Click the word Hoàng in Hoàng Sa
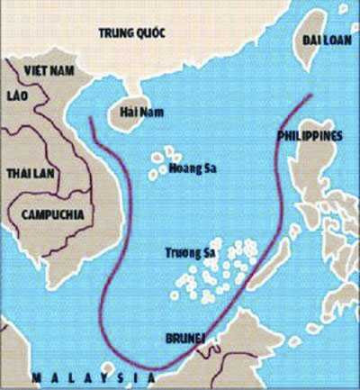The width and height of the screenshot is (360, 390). coord(182,168)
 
